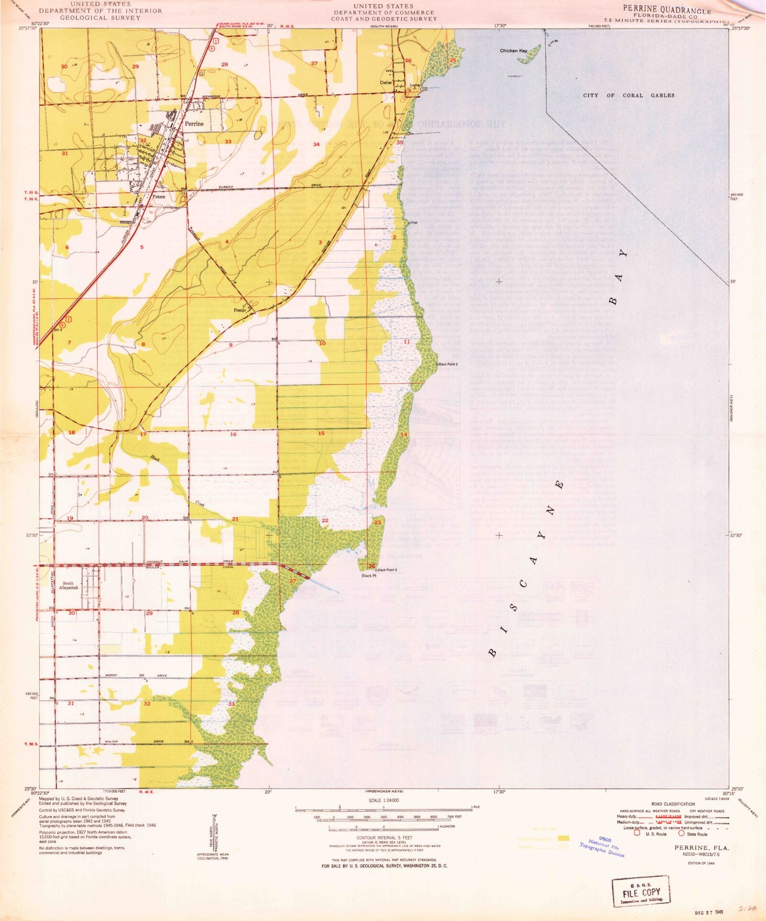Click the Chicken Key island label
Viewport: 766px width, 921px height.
(513, 51)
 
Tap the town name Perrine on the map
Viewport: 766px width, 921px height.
(194, 124)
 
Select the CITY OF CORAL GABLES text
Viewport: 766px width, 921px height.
(629, 95)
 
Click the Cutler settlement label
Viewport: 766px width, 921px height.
(386, 83)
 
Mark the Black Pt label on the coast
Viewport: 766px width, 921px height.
(368, 575)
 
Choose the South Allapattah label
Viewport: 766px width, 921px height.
(69, 585)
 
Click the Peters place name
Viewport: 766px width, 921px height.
(159, 196)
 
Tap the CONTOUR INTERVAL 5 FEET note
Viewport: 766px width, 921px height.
(383, 837)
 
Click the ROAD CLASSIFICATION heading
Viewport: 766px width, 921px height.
(673, 804)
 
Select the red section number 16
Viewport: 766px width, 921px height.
(233, 434)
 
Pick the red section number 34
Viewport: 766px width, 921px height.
(316, 144)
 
